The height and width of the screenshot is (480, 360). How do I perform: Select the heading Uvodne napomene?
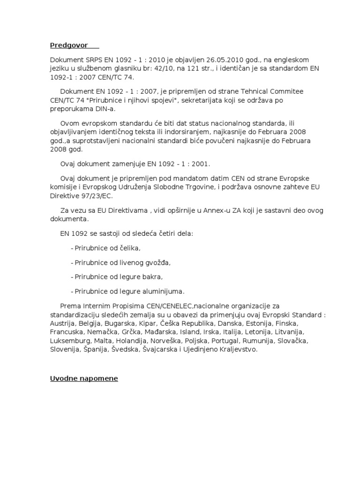[x=84, y=378]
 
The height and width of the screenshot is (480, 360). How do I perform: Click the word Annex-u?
[x=217, y=210]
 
